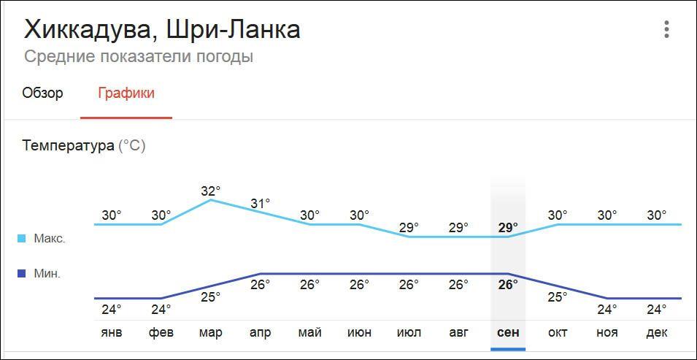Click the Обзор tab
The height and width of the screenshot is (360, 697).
pyautogui.click(x=42, y=93)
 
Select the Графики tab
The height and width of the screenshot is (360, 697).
pyautogui.click(x=126, y=93)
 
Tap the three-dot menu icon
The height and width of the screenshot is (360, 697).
pyautogui.click(x=666, y=30)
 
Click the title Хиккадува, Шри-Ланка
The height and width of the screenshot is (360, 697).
pyautogui.click(x=162, y=30)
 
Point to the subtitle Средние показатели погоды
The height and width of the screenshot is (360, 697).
pyautogui.click(x=139, y=56)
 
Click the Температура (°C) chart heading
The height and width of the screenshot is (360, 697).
pyautogui.click(x=84, y=145)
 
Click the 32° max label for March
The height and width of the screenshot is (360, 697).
pyautogui.click(x=211, y=191)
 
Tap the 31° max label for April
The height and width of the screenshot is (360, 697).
pyautogui.click(x=261, y=204)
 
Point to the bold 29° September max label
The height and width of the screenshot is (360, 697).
pyautogui.click(x=508, y=227)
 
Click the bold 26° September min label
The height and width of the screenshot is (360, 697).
pyautogui.click(x=508, y=284)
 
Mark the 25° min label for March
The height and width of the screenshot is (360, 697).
pyautogui.click(x=211, y=297)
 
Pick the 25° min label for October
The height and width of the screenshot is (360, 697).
pyautogui.click(x=558, y=297)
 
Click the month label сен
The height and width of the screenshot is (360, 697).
pyautogui.click(x=508, y=332)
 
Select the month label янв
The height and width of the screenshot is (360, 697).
pyautogui.click(x=112, y=332)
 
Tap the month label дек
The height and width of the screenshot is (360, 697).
pyautogui.click(x=657, y=332)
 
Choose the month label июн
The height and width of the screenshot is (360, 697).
pyautogui.click(x=359, y=332)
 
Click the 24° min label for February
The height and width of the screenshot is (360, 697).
pyautogui.click(x=161, y=309)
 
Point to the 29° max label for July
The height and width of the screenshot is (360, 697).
pyautogui.click(x=409, y=227)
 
